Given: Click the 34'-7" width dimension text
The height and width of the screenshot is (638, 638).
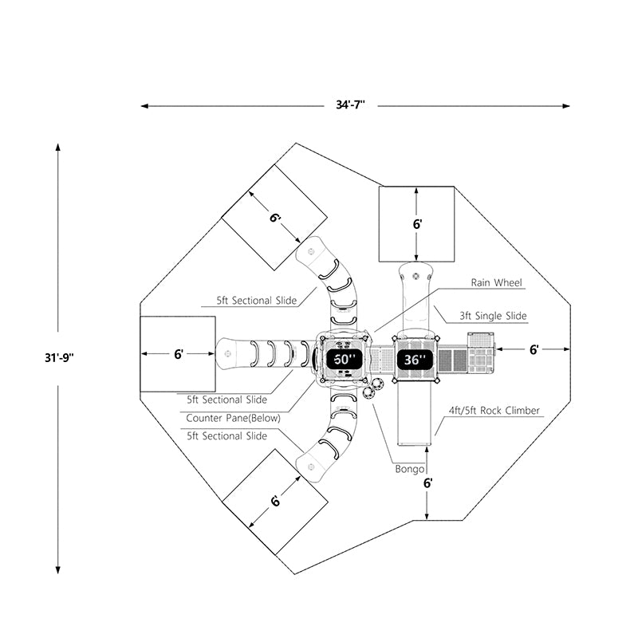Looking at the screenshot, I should click(x=351, y=105).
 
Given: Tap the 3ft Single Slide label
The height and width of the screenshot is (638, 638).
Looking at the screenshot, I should click(x=493, y=316).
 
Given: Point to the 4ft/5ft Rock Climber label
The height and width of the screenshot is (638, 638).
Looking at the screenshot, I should click(x=494, y=411).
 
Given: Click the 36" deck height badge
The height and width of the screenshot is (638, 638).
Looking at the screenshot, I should click(x=415, y=360).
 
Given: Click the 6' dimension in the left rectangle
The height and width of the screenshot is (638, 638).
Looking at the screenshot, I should click(x=178, y=353).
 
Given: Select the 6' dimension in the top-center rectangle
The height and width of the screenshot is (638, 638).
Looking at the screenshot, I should click(x=416, y=224).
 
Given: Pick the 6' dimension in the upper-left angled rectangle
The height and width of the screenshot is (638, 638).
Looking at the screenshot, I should click(x=274, y=218).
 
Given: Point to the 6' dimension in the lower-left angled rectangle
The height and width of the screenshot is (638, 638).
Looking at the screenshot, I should click(x=275, y=501).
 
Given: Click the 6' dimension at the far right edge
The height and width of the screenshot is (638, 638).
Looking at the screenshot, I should click(x=534, y=349).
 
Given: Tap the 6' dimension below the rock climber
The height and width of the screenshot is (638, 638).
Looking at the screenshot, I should click(x=427, y=482).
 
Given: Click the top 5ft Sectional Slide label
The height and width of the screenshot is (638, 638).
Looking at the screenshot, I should click(x=257, y=301).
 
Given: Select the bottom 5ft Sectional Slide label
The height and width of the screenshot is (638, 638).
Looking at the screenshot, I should click(x=227, y=436).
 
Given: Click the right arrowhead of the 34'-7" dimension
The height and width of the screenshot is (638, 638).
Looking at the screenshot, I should click(x=567, y=105).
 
